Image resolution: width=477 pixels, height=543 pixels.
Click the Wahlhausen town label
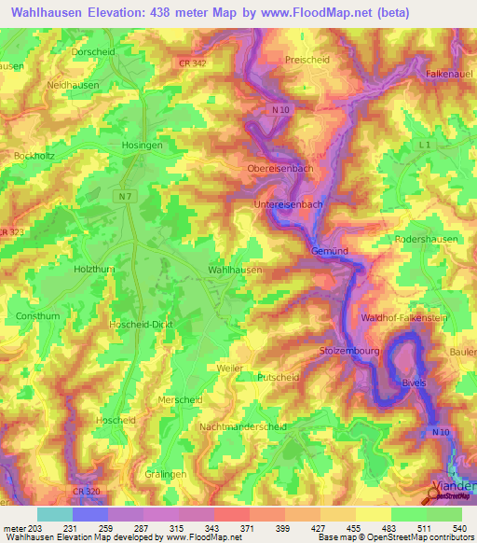click(x=234, y=269)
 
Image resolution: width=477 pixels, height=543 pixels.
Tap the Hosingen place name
click(x=143, y=146)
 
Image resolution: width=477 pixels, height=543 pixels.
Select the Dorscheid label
click(x=117, y=52)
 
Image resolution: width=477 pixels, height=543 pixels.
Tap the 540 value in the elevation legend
click(x=458, y=528)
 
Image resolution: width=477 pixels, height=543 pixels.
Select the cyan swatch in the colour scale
click(x=54, y=514)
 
